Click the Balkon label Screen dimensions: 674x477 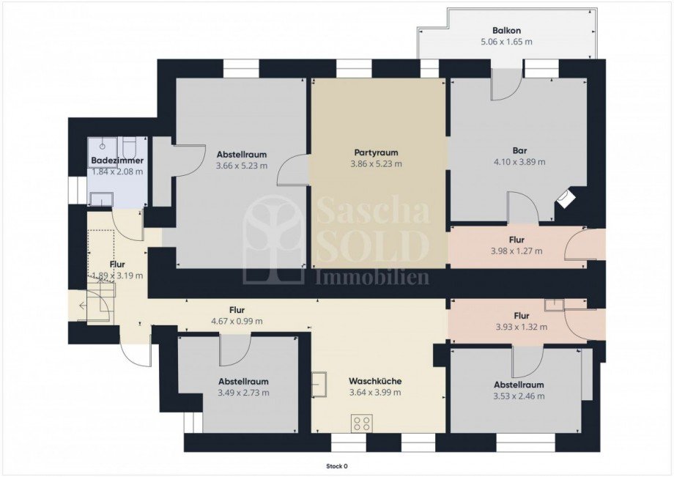[x=506, y=31]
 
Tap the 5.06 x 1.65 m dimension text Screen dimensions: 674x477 [x=506, y=42]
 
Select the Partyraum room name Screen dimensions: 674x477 [x=376, y=152]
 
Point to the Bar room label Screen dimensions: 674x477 [x=519, y=151]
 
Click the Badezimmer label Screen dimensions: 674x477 [x=117, y=160]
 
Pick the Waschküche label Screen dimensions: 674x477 [x=375, y=381]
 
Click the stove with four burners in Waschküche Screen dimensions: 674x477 [x=361, y=423]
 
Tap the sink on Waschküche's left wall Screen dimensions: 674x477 [x=319, y=384]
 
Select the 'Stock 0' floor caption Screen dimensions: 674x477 [x=336, y=466]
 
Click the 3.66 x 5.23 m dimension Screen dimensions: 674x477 [x=242, y=166]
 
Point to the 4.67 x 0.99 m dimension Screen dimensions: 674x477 [x=237, y=321]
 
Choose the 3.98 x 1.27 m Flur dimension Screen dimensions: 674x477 [x=516, y=251]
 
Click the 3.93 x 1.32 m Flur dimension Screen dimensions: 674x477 [x=522, y=327]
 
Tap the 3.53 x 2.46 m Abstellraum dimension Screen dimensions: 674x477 [x=519, y=396]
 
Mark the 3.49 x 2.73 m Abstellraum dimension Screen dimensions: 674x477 [x=243, y=393]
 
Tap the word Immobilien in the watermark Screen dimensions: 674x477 [x=372, y=277]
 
